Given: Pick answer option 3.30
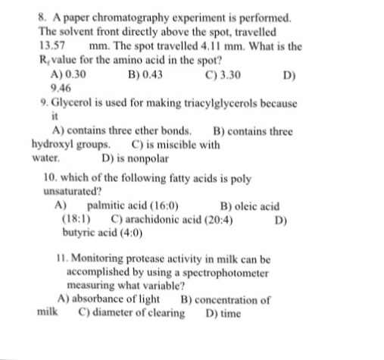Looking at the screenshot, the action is pyautogui.click(x=229, y=76).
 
